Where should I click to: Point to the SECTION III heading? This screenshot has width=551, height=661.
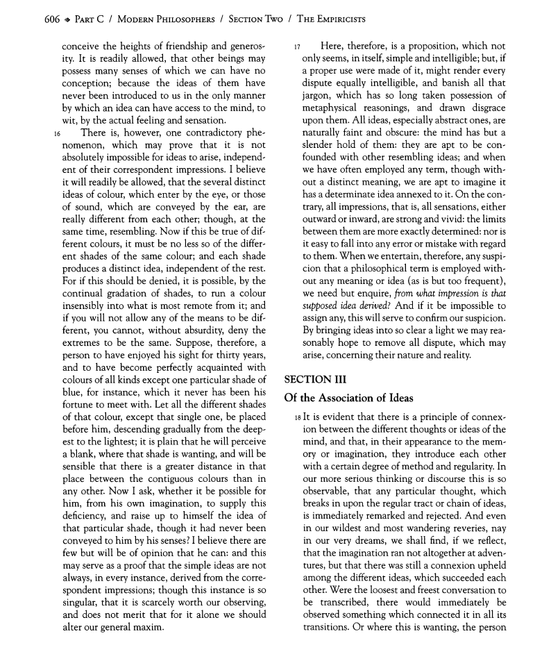tap(316, 380)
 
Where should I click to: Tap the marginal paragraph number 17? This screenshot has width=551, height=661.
tap(297, 47)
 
